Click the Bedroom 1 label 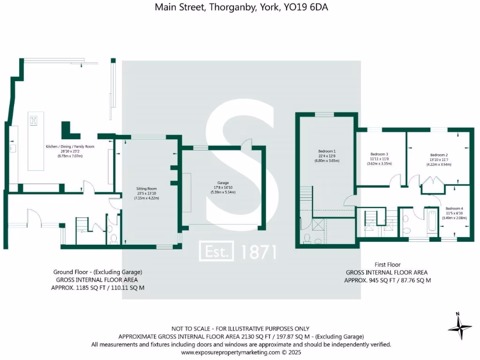[x=327, y=151]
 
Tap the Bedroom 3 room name [x=379, y=154]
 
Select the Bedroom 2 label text [x=439, y=155]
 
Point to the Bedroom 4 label [x=454, y=209]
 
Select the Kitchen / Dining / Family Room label [x=70, y=147]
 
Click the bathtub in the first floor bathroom [x=431, y=220]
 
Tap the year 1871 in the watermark [x=258, y=252]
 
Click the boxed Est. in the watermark [x=217, y=252]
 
